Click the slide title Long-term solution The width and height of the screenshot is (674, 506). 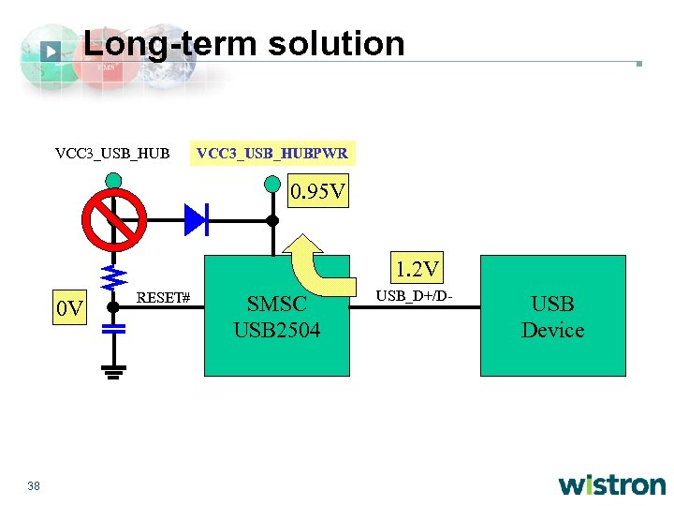[x=244, y=44]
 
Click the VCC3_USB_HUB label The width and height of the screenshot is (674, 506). [x=112, y=153]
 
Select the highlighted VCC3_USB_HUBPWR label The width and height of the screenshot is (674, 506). [x=271, y=153]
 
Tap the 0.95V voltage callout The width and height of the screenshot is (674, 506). [x=317, y=194]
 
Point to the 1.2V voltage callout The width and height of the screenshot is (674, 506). [x=417, y=271]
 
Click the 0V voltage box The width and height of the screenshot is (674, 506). [x=70, y=306]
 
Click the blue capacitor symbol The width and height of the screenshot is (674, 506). [x=113, y=329]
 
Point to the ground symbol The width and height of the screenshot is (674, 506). [x=113, y=373]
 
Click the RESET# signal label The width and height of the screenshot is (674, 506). [x=164, y=298]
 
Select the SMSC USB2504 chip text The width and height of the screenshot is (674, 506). [x=277, y=317]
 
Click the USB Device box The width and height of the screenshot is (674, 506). [x=552, y=317]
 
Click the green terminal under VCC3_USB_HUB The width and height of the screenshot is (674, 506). [x=113, y=179]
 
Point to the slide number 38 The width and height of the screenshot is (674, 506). [x=35, y=485]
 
